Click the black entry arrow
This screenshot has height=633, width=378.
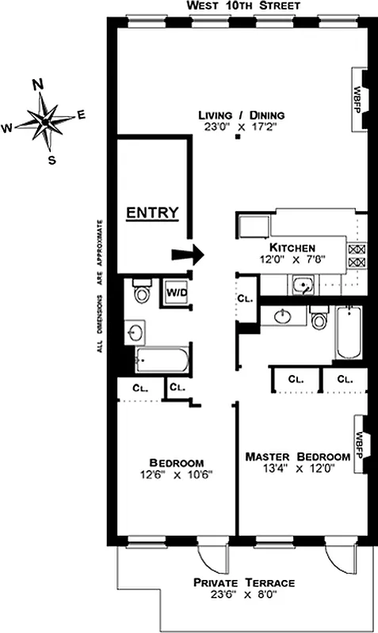pyautogui.click(x=189, y=254)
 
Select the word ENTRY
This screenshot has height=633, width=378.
pyautogui.click(x=152, y=213)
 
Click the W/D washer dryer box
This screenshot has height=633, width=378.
pyautogui.click(x=176, y=292)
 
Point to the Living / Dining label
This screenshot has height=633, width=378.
pyautogui.click(x=241, y=116)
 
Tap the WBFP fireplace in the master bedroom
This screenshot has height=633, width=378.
pyautogui.click(x=358, y=444)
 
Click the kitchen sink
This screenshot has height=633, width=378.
pyautogui.click(x=302, y=286)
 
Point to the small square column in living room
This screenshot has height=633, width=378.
pyautogui.click(x=237, y=138)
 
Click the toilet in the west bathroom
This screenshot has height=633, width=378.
pyautogui.click(x=143, y=292)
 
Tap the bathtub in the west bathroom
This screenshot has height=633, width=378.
pyautogui.click(x=162, y=361)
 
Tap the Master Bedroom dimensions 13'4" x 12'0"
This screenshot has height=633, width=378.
pyautogui.click(x=297, y=468)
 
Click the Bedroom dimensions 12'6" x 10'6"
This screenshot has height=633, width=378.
pyautogui.click(x=177, y=475)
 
